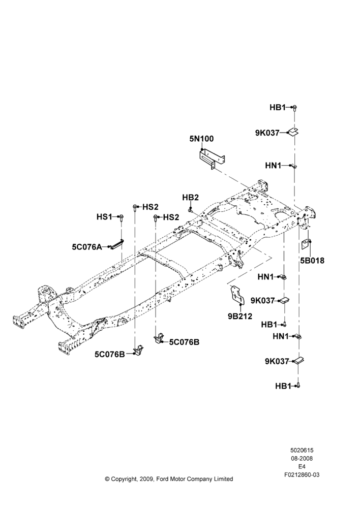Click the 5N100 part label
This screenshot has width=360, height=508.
click(201, 139)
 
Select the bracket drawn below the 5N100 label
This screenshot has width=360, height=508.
click(212, 158)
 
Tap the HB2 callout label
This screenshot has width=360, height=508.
click(190, 198)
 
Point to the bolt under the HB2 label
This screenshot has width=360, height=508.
click(190, 210)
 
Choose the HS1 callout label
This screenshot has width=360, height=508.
click(104, 216)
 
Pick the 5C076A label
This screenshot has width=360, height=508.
click(87, 247)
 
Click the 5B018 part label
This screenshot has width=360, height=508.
click(312, 261)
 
